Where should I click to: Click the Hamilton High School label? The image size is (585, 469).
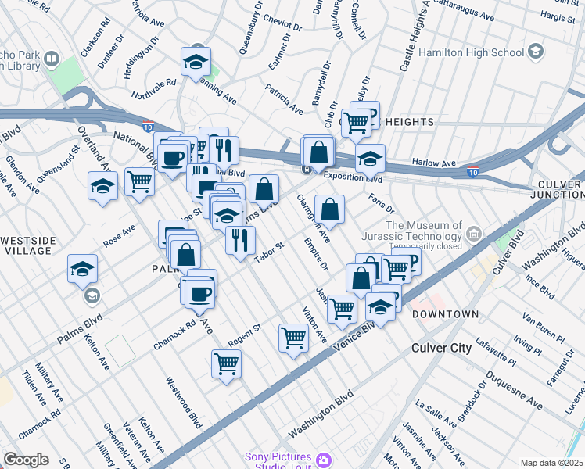coord(472,53)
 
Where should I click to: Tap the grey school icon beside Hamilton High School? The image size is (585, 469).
coord(535,52)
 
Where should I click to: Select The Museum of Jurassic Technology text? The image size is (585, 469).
coord(422,231)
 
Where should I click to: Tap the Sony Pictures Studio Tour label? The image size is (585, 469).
coord(278,462)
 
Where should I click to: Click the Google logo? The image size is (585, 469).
coord(26,460)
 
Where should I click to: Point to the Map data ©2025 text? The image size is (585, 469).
coord(551,463)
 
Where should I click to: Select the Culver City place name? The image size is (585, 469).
coord(445,346)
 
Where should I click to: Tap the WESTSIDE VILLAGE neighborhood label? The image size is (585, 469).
coord(28,245)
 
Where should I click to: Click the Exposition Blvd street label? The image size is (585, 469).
coord(350,178)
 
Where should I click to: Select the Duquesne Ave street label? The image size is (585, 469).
coord(513,390)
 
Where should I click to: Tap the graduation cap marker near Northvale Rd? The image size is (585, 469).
coord(196,63)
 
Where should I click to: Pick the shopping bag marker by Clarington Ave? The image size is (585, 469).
coord(330,209)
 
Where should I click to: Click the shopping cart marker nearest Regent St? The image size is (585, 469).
coord(226,363)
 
